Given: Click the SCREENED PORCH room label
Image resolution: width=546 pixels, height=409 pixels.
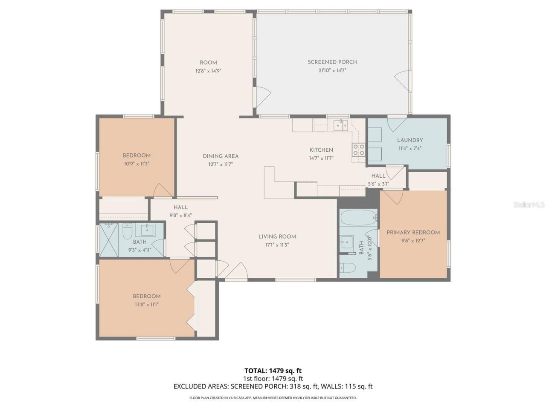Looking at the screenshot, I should (332, 62).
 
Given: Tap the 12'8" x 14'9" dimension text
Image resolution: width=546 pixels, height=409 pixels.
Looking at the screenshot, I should (208, 71).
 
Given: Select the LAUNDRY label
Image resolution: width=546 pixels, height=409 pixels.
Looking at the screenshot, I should (410, 140).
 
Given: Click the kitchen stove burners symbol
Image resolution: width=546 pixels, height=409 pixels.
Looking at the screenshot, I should (358, 150).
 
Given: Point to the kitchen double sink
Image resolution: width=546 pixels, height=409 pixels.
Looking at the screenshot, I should (340, 125).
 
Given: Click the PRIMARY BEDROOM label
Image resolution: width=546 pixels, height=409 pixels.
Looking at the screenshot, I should (413, 233).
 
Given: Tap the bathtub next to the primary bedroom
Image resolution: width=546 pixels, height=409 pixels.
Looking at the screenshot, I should (359, 218).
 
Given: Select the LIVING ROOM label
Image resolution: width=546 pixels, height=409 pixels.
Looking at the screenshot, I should (277, 237).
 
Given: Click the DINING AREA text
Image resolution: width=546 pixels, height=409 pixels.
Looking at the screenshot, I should (221, 156).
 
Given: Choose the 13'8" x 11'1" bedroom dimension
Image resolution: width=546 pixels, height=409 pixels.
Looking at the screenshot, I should (146, 305).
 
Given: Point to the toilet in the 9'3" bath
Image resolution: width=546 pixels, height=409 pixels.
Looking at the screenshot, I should (127, 232).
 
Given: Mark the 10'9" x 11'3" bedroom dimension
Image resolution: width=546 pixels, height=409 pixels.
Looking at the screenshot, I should (136, 164).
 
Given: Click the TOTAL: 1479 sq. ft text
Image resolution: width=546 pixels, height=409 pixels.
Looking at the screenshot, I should (273, 371).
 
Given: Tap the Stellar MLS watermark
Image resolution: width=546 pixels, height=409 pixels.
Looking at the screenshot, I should (529, 205).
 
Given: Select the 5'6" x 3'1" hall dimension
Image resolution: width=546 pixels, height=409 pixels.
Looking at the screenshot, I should (378, 184).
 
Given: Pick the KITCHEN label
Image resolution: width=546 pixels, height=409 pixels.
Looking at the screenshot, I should (321, 150).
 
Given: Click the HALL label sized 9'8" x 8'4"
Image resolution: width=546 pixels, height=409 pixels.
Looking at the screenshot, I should (180, 207).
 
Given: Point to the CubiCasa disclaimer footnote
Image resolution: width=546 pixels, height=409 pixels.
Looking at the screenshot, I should (273, 398).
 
